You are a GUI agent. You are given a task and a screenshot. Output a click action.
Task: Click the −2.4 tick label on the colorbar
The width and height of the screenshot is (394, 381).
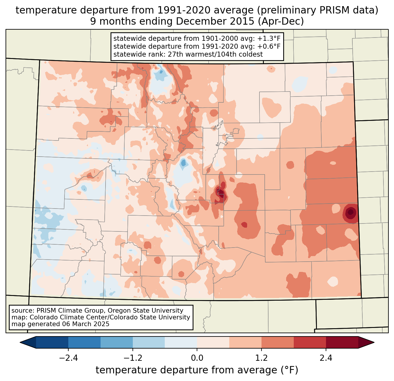68,358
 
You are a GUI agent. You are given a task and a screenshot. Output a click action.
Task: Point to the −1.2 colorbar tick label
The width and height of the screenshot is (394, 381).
133,358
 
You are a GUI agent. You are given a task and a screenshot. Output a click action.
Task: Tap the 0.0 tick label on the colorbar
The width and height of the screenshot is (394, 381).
197,358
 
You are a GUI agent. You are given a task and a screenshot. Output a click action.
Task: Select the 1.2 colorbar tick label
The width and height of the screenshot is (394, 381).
261,358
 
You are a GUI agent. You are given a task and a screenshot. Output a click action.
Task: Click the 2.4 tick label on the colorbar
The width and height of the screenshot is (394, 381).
326,358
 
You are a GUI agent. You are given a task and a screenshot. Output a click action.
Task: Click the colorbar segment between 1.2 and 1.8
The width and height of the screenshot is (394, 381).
277,342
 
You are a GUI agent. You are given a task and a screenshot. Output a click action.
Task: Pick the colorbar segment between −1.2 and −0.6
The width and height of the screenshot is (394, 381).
149,342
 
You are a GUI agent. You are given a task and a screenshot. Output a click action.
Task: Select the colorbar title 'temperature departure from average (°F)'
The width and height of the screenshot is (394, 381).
197,370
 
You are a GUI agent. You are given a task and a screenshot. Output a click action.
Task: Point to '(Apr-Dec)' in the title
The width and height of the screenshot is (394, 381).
282,21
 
